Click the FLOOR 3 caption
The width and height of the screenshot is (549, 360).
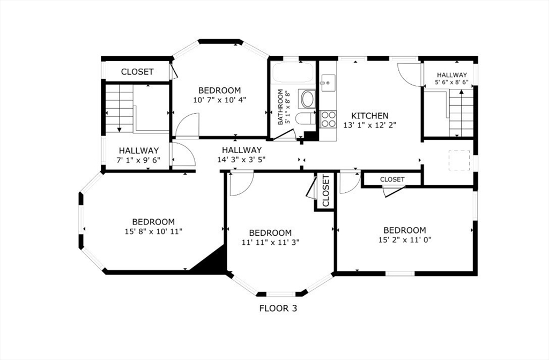point(278,308)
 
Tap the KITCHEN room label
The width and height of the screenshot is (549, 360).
point(370,116)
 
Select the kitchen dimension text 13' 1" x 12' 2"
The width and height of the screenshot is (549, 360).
point(370,125)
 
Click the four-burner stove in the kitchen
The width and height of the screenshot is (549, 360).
point(329,119)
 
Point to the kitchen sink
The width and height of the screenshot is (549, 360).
point(328,83)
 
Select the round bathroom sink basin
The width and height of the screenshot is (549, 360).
point(308,99)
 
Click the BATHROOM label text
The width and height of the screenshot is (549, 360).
point(280,107)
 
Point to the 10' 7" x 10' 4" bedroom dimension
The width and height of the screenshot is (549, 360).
point(220,100)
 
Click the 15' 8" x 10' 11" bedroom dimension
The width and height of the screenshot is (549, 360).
point(153,231)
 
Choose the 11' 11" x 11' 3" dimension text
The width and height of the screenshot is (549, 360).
point(270,242)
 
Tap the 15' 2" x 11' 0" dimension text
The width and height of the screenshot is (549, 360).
point(405,239)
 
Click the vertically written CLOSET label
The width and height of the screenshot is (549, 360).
point(326,191)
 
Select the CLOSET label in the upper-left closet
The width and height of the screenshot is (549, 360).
point(137,72)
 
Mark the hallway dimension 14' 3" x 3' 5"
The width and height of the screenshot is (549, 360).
point(242,160)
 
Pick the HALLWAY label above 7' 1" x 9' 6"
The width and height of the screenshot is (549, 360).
point(139,151)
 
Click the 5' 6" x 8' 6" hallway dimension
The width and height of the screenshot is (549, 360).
point(451,82)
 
